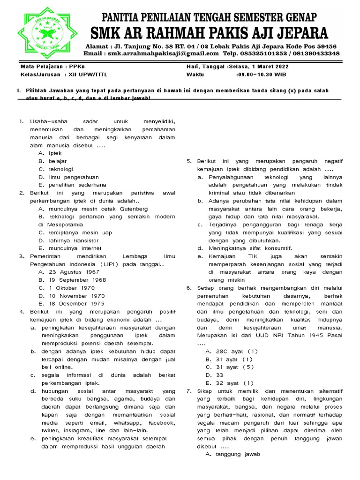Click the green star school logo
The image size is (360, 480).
click(x=41, y=31)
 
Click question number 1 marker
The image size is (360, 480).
click(x=21, y=121)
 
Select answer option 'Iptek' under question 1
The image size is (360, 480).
click(x=55, y=153)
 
